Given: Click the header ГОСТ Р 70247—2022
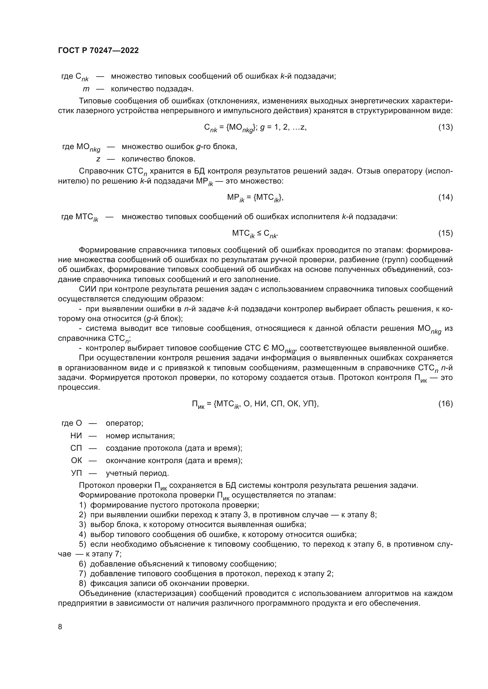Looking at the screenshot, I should (x=98, y=50).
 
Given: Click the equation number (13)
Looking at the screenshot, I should (x=445, y=127).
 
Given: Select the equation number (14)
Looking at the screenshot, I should (x=445, y=197).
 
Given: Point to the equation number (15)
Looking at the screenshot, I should (x=445, y=233).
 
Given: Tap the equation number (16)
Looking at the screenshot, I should (x=445, y=404).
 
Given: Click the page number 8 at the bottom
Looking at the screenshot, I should (x=60, y=627).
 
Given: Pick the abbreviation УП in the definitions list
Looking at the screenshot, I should (x=76, y=473).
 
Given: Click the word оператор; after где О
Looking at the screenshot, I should (x=125, y=423).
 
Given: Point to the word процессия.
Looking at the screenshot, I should (x=78, y=387).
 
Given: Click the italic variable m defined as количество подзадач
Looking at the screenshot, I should (x=86, y=89).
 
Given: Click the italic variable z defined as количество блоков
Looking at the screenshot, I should (x=98, y=159).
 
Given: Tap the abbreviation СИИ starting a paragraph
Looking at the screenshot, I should (x=87, y=289).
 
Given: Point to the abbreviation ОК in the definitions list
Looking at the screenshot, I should (x=76, y=460).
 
